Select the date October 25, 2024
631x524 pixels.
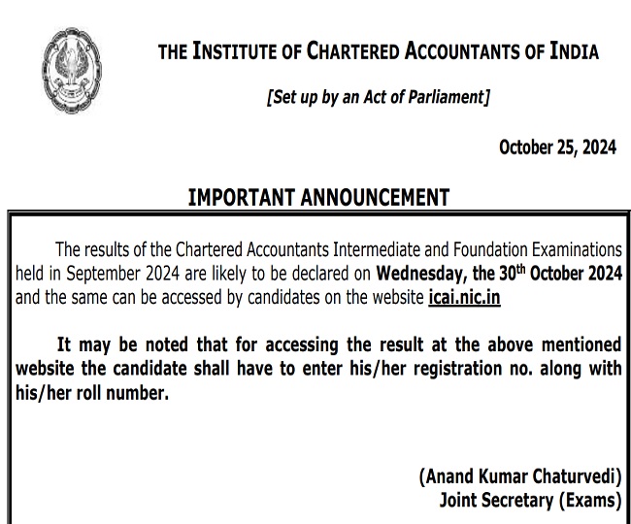557,147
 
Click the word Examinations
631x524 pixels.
588,249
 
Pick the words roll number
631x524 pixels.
117,393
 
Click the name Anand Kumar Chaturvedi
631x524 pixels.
519,476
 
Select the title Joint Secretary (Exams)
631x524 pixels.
529,500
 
